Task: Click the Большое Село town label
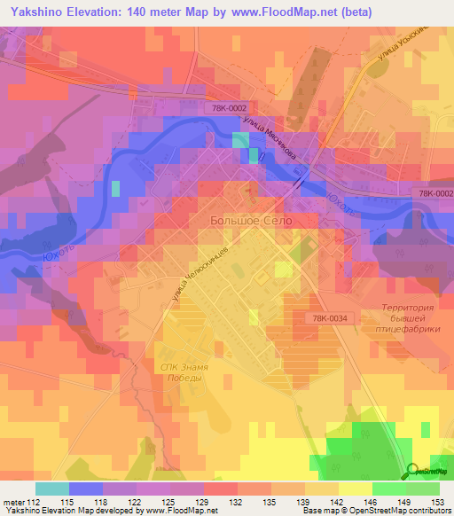(250, 220)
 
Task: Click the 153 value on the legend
(436, 502)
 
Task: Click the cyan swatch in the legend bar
(51, 489)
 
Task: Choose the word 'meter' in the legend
(12, 502)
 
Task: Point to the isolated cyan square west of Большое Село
(115, 187)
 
